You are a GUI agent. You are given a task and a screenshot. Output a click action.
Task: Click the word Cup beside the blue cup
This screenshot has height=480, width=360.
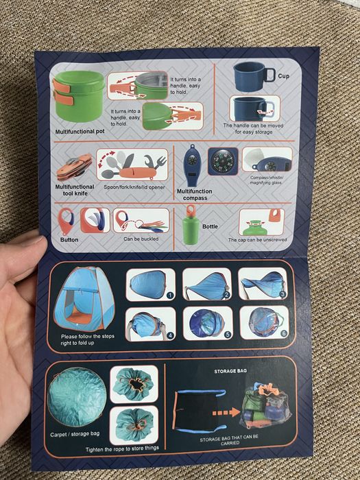[283, 76]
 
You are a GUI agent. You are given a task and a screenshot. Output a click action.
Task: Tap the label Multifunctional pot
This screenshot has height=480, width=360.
[80, 132]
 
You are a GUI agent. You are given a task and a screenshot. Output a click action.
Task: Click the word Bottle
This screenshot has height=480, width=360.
[210, 226]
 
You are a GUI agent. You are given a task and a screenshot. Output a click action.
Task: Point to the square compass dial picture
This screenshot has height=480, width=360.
[223, 161]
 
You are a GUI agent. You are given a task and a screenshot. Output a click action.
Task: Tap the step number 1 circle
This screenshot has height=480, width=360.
[171, 296]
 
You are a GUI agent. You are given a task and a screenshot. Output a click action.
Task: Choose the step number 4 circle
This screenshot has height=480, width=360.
[170, 336]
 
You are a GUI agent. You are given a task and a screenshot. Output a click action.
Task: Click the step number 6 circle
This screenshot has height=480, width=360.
[284, 333]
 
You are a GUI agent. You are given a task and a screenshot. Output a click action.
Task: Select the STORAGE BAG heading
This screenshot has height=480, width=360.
[230, 372]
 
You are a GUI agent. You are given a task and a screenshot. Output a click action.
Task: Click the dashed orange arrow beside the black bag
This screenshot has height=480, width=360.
[226, 413]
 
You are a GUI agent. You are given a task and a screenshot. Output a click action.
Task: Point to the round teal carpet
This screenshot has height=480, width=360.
[77, 397]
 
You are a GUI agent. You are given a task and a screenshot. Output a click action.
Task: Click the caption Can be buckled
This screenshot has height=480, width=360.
[141, 239]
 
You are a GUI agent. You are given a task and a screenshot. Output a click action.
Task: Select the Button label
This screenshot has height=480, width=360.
[69, 240]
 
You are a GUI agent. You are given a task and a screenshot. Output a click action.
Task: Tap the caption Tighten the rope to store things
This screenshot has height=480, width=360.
[122, 448]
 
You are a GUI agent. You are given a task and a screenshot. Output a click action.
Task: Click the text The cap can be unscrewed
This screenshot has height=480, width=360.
[257, 240]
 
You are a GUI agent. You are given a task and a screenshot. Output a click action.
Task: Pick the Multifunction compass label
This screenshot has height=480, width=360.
[194, 195]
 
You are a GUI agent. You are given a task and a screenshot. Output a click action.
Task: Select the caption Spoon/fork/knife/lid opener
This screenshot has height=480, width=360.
[134, 187]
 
